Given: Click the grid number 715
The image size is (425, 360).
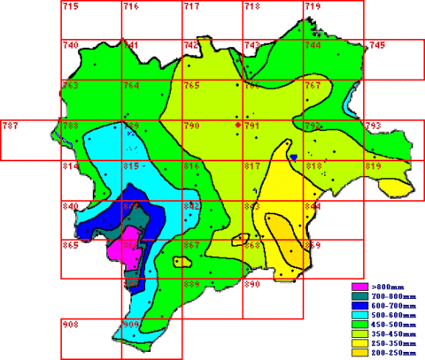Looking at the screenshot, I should (71, 7).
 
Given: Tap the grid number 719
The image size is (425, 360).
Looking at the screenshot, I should (313, 7).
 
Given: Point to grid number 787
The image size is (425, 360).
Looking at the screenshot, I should (11, 126).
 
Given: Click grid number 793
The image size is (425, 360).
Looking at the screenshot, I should (373, 126).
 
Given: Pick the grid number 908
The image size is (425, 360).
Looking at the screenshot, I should (71, 325).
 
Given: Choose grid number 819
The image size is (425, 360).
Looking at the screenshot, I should (373, 166).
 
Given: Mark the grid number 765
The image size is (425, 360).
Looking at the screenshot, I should (191, 86).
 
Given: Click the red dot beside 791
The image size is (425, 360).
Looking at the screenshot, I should (237, 126).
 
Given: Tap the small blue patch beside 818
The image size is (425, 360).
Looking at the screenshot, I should (292, 157).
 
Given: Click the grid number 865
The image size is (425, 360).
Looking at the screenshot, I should (71, 245).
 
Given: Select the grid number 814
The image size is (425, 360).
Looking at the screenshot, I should (71, 166).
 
